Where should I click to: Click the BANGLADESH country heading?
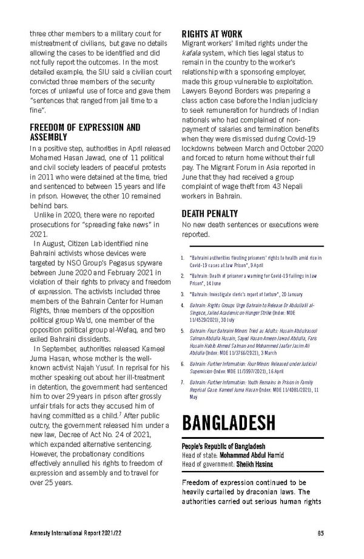point(229,422)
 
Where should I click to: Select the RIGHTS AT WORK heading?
point(212,34)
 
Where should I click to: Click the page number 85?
point(320,533)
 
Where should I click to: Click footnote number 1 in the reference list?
point(183,258)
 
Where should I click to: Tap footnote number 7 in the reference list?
point(183,383)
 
